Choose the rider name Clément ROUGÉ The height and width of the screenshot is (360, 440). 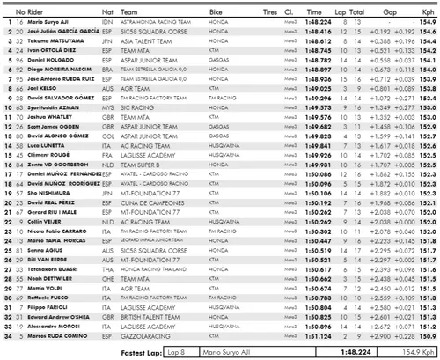tap(49, 157)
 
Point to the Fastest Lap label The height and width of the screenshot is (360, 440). tap(152, 349)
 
